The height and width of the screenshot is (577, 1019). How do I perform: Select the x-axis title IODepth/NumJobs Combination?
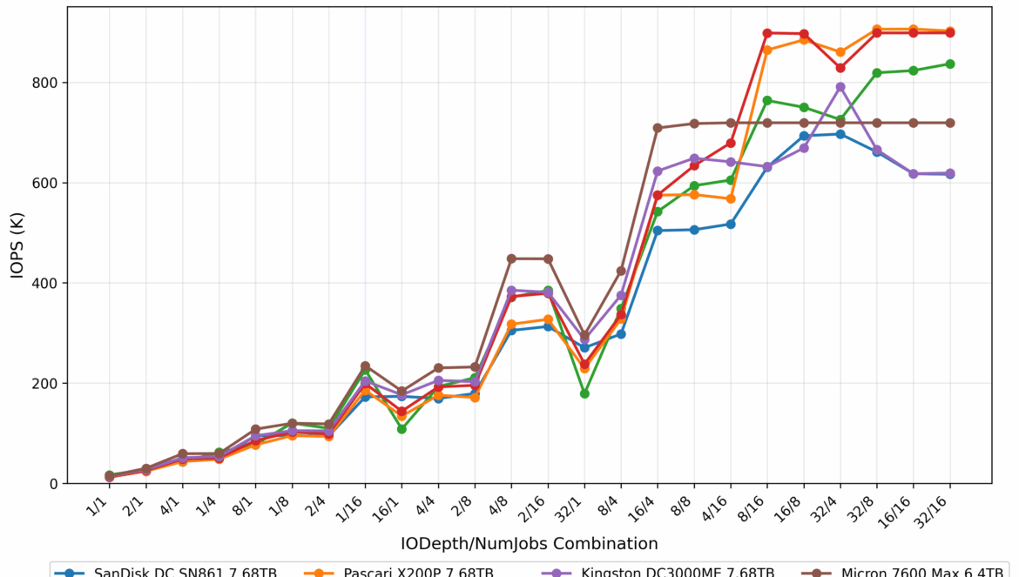pyautogui.click(x=530, y=544)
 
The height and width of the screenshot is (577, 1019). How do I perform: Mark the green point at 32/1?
pyautogui.click(x=584, y=393)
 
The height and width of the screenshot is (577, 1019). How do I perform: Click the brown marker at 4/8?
pyautogui.click(x=511, y=258)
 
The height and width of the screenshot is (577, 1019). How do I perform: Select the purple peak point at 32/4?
pyautogui.click(x=840, y=87)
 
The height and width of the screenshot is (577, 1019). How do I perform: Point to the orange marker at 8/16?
pyautogui.click(x=767, y=50)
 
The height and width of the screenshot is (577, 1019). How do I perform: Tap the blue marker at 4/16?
pyautogui.click(x=731, y=224)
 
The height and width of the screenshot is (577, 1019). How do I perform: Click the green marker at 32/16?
pyautogui.click(x=950, y=64)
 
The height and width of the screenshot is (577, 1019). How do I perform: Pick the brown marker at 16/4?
pyautogui.click(x=658, y=128)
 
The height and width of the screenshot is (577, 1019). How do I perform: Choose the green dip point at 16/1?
pyautogui.click(x=402, y=429)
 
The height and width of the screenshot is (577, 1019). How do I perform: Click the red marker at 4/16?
pyautogui.click(x=731, y=143)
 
